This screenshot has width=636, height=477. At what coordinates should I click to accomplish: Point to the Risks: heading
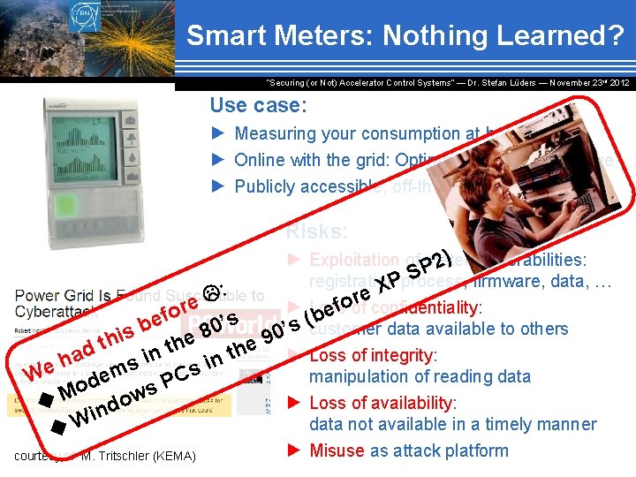point(316,231)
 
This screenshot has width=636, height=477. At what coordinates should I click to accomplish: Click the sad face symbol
point(213,292)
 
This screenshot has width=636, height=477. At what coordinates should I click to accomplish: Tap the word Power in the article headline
point(36,296)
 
